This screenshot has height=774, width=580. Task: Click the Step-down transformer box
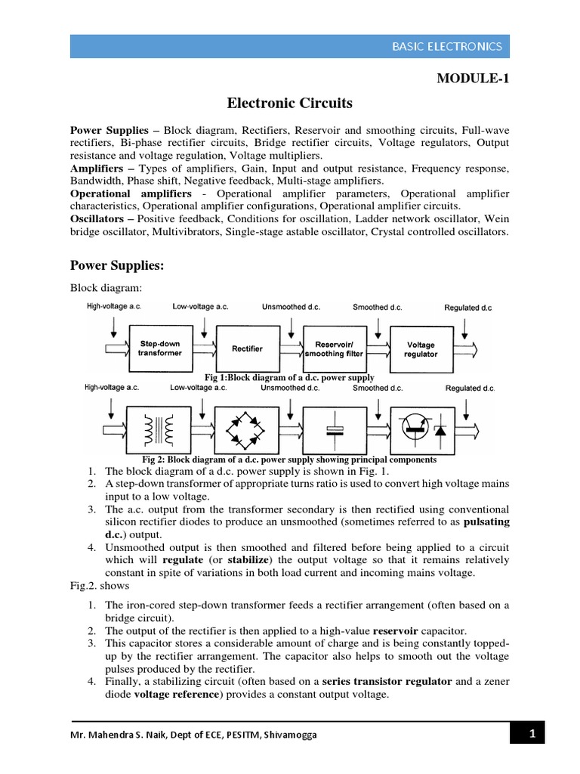(x=160, y=348)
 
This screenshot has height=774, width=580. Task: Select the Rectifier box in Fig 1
(x=248, y=348)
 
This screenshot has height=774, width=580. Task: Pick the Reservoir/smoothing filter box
(x=334, y=348)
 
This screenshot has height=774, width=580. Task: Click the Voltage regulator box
(x=421, y=348)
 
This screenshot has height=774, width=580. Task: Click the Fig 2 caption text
(x=289, y=459)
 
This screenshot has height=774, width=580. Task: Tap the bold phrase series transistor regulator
(x=388, y=682)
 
